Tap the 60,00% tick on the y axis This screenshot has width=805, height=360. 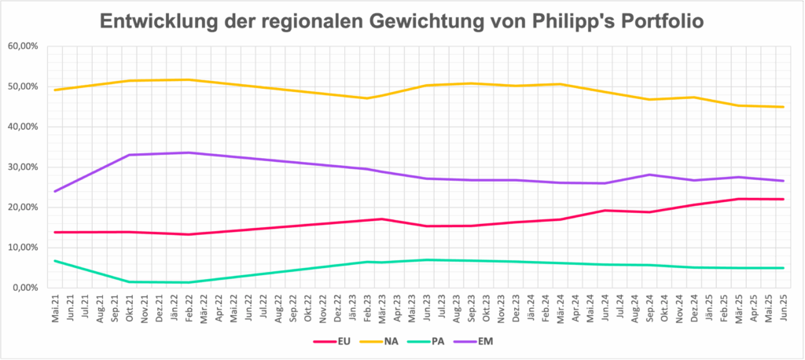pyautogui.click(x=24, y=46)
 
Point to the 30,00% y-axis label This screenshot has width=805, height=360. pyautogui.click(x=24, y=167)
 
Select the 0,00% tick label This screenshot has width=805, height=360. pyautogui.click(x=26, y=288)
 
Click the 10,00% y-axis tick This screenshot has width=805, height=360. pyautogui.click(x=24, y=248)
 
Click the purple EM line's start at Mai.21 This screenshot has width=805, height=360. pyautogui.click(x=54, y=191)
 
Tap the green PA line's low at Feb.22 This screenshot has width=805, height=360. pyautogui.click(x=189, y=282)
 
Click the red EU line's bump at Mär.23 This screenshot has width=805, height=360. pyautogui.click(x=382, y=219)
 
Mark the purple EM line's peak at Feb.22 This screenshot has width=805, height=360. pyautogui.click(x=189, y=152)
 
